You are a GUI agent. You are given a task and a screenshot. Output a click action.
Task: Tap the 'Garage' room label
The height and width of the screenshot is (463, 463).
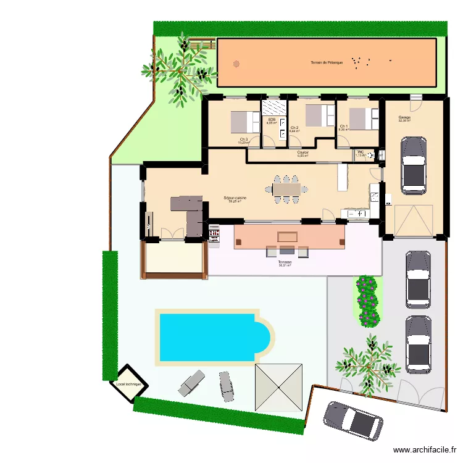tap(404, 118)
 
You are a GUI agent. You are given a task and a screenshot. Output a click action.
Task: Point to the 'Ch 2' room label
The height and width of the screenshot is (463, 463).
tap(294, 128)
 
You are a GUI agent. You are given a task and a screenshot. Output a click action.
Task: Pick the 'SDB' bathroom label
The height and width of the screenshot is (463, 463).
tap(272, 120)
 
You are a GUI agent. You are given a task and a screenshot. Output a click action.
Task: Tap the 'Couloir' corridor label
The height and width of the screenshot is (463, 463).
tap(302, 152)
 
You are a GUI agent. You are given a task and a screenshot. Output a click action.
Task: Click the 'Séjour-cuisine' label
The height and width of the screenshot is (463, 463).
tap(235, 198)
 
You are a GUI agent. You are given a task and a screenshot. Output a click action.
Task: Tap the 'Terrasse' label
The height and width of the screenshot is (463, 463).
tap(285, 262)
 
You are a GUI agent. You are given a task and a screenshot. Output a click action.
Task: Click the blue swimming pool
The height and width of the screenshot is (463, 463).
tap(214, 336)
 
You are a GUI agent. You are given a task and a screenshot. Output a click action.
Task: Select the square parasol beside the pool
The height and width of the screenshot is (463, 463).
tap(279, 387)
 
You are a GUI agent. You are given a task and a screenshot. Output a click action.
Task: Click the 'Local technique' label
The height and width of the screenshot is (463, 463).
tap(128, 384)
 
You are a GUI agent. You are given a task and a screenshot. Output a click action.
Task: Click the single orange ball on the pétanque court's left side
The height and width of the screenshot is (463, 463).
tap(235, 63)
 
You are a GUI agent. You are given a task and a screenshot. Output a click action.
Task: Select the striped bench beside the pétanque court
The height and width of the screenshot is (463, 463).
tap(204, 44)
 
